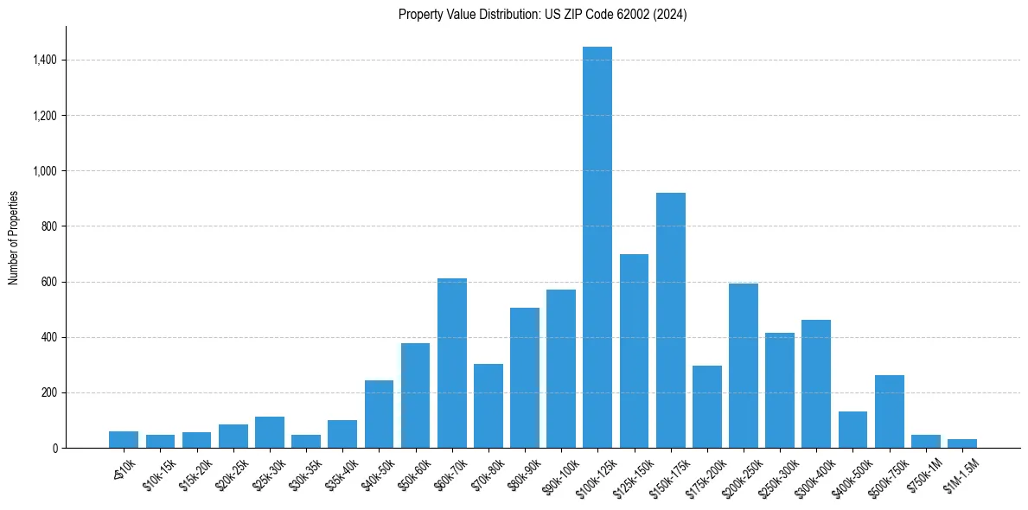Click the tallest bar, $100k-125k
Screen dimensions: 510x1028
pyautogui.click(x=597, y=247)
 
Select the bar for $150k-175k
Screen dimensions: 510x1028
pyautogui.click(x=670, y=320)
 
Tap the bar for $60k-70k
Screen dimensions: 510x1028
pyautogui.click(x=451, y=363)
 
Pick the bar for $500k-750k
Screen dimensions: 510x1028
pyautogui.click(x=889, y=411)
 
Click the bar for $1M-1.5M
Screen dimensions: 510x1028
pyautogui.click(x=961, y=443)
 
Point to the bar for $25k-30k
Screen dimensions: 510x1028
pyautogui.click(x=269, y=432)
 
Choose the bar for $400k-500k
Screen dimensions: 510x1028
pyautogui.click(x=852, y=430)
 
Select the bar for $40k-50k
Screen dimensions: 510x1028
pyautogui.click(x=379, y=414)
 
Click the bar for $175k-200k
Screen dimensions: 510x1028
pyautogui.click(x=706, y=406)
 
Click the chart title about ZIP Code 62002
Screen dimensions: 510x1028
pyautogui.click(x=542, y=15)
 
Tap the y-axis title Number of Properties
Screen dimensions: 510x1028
pyautogui.click(x=14, y=238)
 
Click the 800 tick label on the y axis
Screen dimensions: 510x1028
pyautogui.click(x=50, y=226)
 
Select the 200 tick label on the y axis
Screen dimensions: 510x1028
pyautogui.click(x=50, y=392)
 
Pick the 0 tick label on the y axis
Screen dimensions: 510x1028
pyautogui.click(x=55, y=448)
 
